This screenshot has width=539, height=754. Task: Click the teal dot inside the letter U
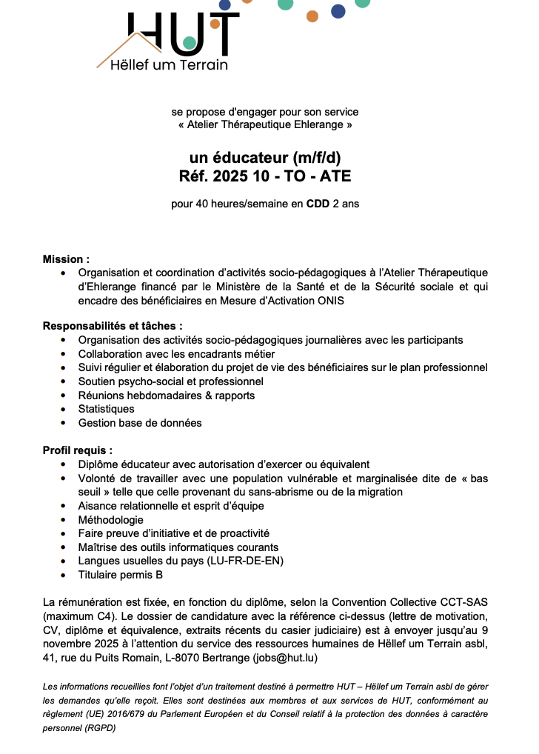190,43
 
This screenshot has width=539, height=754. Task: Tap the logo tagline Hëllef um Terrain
169,65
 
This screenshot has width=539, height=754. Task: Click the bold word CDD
318,203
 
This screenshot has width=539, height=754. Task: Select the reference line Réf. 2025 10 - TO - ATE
265,176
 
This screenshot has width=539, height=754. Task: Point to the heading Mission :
66,259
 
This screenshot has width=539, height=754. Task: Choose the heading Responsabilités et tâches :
113,325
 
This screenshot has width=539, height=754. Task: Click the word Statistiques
107,409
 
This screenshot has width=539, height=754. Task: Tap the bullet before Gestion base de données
63,423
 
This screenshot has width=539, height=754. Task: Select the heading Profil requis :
78,450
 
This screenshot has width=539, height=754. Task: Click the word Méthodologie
111,519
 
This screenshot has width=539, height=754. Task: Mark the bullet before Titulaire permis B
63,575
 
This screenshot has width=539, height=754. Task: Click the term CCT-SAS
466,601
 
